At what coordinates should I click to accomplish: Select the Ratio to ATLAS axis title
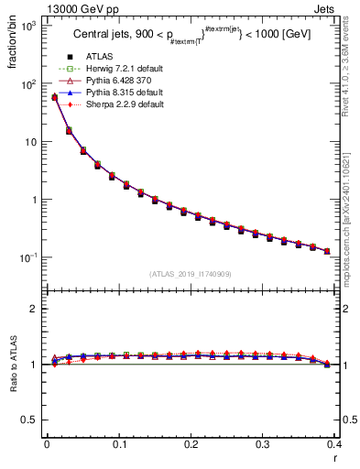point(12,364)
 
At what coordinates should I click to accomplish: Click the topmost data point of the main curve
point(54,96)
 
